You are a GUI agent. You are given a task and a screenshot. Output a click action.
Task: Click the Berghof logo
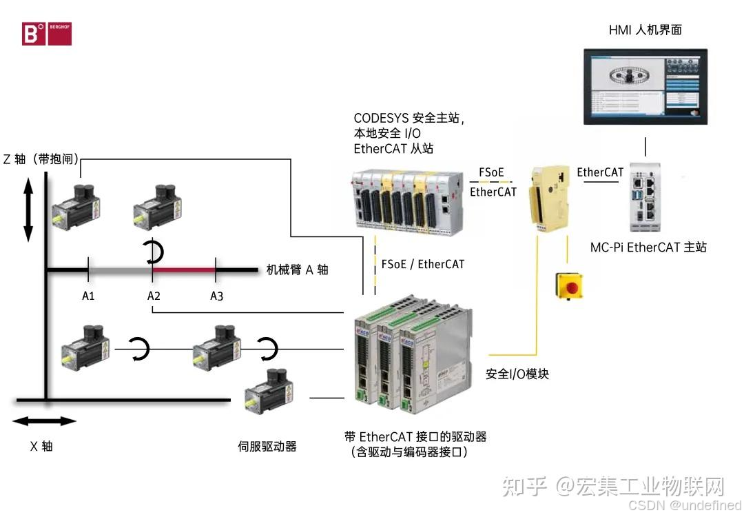(x=46, y=33)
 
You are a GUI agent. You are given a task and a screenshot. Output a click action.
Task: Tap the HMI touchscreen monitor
(x=645, y=87)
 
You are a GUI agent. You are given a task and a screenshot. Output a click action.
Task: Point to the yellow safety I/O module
(x=548, y=199)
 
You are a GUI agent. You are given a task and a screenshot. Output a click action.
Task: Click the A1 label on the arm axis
(x=87, y=296)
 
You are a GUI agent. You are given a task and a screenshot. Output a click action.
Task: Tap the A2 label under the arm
(x=154, y=296)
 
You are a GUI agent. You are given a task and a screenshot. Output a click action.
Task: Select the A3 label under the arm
(x=217, y=296)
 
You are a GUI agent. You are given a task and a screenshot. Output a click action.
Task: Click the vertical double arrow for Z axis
(x=28, y=209)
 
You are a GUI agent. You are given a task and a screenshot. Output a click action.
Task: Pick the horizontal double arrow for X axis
(x=44, y=421)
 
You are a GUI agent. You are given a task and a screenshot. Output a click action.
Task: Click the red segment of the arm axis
(x=184, y=270)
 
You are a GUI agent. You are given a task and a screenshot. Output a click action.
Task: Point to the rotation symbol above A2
(x=155, y=253)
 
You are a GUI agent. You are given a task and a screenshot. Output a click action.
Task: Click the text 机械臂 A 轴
(x=297, y=270)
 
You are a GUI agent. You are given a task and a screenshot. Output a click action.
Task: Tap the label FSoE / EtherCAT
(x=422, y=263)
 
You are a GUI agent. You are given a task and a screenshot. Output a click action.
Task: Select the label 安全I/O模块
(x=517, y=374)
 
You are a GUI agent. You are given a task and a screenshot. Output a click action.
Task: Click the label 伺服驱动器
(x=267, y=446)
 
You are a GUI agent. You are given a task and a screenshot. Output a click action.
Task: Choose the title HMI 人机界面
(x=645, y=30)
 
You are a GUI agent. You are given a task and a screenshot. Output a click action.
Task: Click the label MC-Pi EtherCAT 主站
(x=648, y=247)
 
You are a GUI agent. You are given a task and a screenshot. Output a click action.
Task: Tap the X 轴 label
(x=41, y=446)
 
